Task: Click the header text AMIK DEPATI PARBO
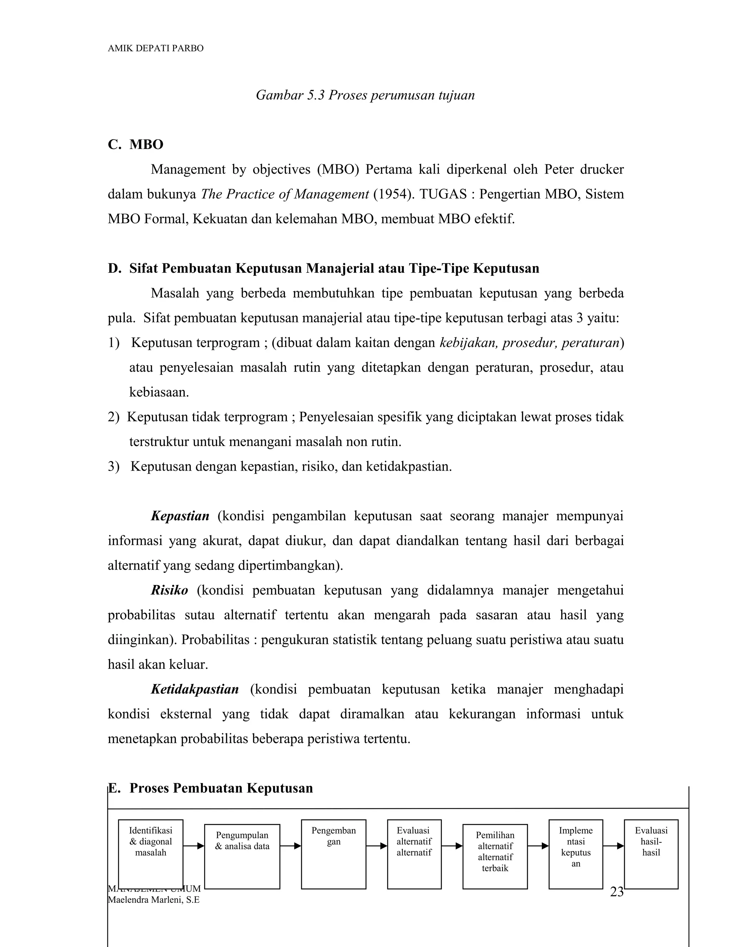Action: coord(155,48)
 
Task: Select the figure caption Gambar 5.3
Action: coord(365,95)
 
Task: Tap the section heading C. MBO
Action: coord(135,144)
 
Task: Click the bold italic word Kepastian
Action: coord(180,516)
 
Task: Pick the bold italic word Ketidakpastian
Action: coord(195,689)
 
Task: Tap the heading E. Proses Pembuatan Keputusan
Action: coord(210,788)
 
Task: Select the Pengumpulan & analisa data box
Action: coord(242,856)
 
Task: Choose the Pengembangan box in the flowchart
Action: coord(333,854)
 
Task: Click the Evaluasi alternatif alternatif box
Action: coord(414,854)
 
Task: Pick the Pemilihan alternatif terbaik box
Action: coord(495,856)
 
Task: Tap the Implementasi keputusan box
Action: coord(575,854)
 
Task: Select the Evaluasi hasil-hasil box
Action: coord(651,854)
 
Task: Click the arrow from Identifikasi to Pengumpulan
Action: coord(193,846)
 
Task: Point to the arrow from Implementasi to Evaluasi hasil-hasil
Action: coord(613,846)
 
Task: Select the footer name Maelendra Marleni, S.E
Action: coord(153,900)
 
